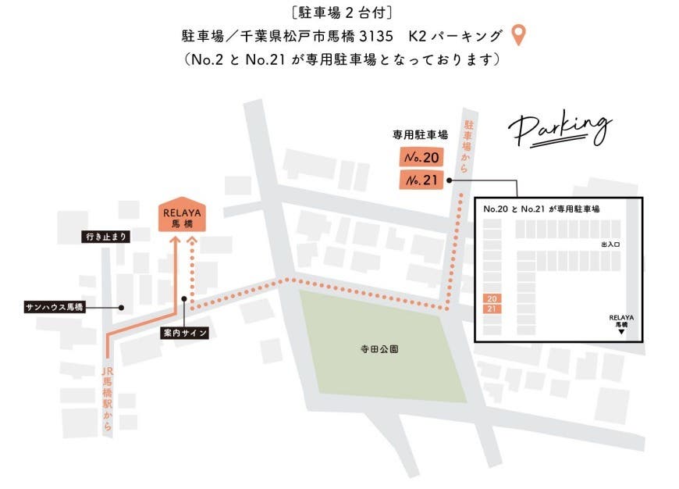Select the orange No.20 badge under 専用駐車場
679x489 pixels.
click(421, 158)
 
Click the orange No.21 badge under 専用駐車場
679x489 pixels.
click(421, 180)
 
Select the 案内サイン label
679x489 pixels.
click(183, 333)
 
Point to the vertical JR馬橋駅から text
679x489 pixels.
click(108, 398)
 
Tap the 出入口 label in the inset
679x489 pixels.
click(610, 244)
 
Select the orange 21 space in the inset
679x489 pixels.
click(492, 309)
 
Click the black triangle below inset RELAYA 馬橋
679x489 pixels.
click(621, 333)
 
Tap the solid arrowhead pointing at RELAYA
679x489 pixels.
click(175, 241)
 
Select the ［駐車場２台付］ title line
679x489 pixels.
click(339, 12)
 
